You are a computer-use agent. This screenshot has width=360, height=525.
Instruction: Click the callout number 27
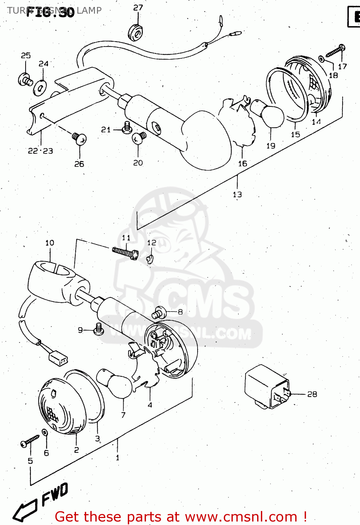point(138,8)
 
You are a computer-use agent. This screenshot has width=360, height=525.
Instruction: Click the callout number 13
point(237,194)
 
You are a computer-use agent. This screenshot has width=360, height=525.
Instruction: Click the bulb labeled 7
point(117,383)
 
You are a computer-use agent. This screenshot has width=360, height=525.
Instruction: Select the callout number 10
point(50,243)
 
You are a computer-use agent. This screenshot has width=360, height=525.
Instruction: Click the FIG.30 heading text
point(50,12)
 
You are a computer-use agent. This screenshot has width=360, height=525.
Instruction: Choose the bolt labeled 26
point(79,139)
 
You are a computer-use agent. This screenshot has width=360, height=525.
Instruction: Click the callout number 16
point(242,163)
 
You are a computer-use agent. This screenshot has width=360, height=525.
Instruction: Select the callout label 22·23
point(40,151)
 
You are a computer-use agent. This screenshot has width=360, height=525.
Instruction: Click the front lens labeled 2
point(62,406)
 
